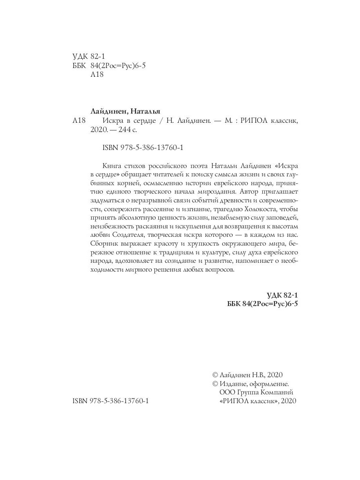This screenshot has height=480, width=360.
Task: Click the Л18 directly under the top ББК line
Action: (x=98, y=74)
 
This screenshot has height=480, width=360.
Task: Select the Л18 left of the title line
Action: (x=80, y=121)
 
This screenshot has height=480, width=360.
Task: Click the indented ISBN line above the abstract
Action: (x=138, y=147)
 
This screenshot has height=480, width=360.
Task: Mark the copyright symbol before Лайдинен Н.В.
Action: (x=215, y=375)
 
